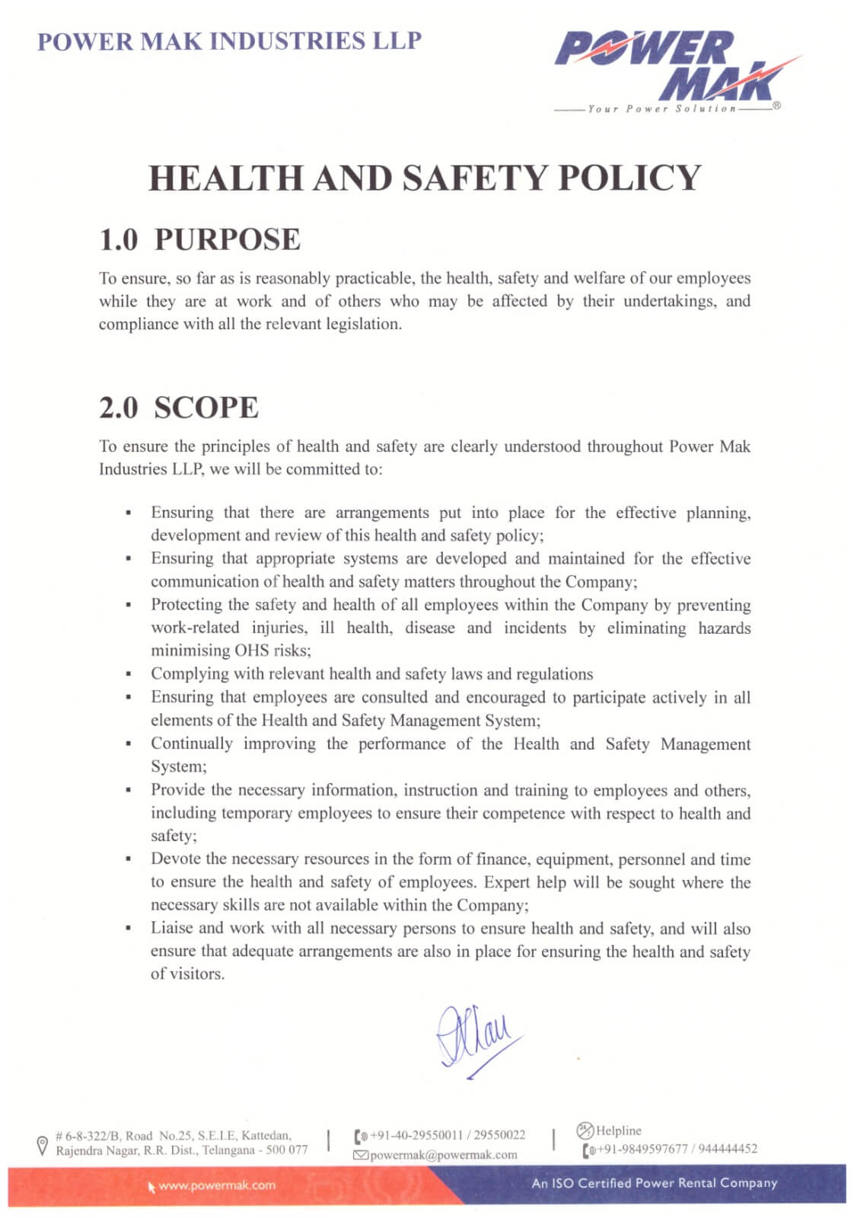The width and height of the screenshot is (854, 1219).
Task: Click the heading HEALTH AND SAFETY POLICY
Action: [424, 178]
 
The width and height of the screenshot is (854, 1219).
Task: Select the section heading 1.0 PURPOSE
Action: [199, 239]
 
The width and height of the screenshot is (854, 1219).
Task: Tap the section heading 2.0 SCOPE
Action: [179, 408]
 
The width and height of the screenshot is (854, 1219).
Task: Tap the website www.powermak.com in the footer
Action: [217, 1185]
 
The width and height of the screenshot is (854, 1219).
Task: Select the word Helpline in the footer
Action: [618, 1131]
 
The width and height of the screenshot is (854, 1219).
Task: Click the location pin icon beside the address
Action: [43, 1145]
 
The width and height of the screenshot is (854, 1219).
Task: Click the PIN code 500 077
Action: [287, 1150]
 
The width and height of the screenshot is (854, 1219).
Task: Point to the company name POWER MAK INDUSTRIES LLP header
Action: [229, 41]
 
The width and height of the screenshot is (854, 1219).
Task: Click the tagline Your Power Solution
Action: [662, 109]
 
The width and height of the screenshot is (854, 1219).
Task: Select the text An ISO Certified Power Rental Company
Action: [655, 1183]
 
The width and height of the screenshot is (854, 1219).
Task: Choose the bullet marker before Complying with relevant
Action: [129, 674]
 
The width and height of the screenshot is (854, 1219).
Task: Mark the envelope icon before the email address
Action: [360, 1155]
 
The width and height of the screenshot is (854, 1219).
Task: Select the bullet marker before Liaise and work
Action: [129, 929]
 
